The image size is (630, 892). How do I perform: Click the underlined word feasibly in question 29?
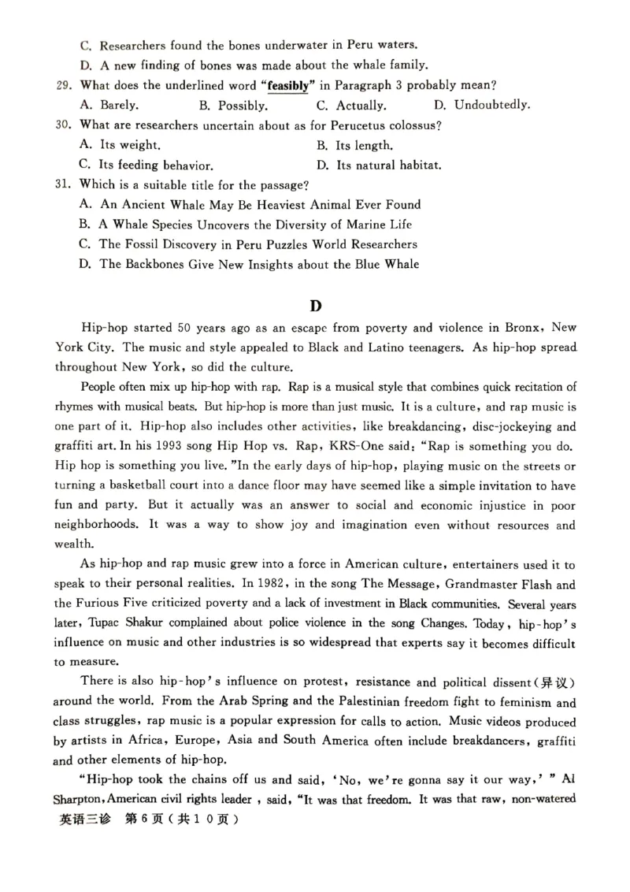[287, 85]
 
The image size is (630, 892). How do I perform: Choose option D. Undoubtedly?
[482, 105]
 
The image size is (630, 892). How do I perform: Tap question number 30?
[65, 125]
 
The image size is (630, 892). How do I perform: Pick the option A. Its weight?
[121, 145]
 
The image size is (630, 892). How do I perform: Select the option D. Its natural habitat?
[379, 165]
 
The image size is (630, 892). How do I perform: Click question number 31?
[65, 185]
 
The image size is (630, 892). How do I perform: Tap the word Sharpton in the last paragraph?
[84, 799]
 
